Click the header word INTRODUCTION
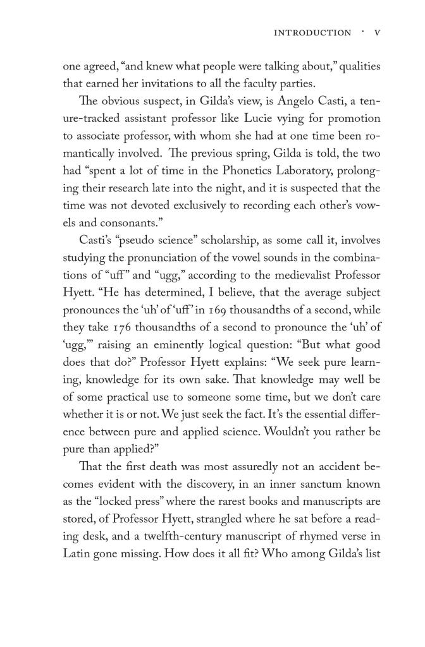tap(312, 33)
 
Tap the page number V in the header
tap(377, 33)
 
